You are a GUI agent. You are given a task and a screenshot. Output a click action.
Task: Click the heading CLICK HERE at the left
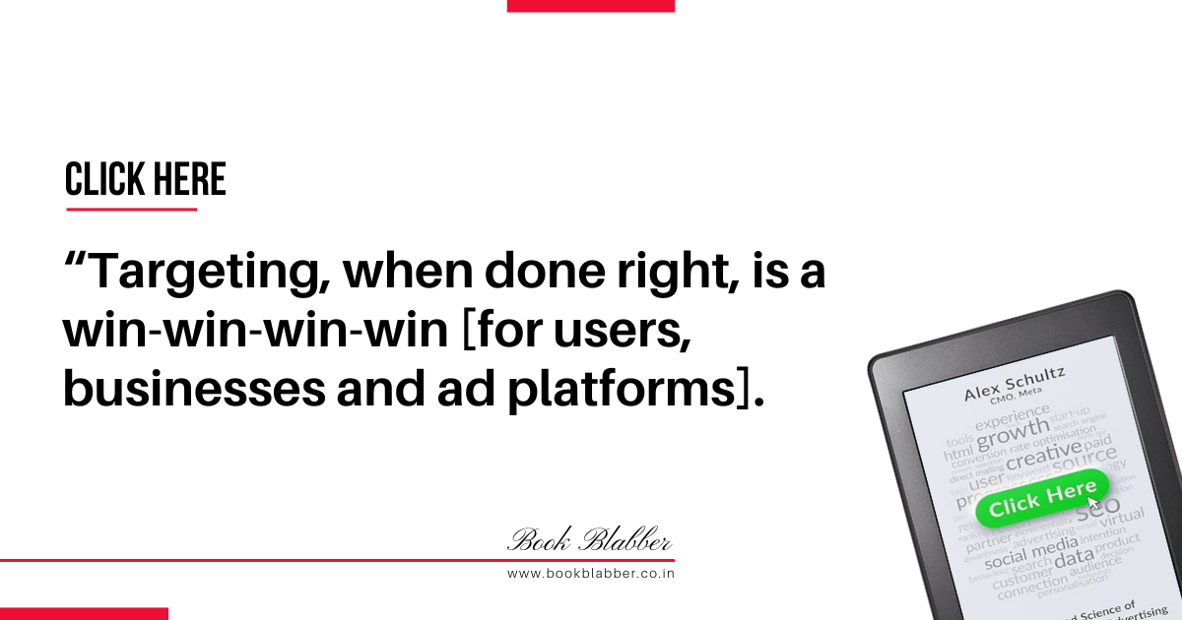(146, 180)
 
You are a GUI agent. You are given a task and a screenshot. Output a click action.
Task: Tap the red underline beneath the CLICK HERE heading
(131, 209)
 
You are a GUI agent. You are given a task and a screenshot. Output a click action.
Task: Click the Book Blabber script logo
(590, 540)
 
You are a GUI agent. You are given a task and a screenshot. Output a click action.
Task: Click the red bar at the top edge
(590, 5)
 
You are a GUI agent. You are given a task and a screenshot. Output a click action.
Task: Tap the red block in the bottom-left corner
(84, 613)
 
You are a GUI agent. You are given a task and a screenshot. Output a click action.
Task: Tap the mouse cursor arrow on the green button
(1092, 502)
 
